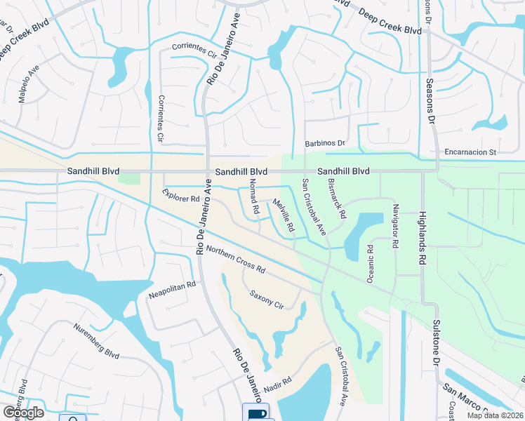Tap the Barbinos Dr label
pyautogui.click(x=326, y=143)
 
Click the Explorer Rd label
pyautogui.click(x=181, y=195)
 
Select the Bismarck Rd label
pyautogui.click(x=338, y=197)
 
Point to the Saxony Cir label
pyautogui.click(x=266, y=301)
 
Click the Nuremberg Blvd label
pyautogui.click(x=95, y=338)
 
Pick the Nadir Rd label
pyautogui.click(x=277, y=388)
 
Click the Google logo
pyautogui.click(x=23, y=413)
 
